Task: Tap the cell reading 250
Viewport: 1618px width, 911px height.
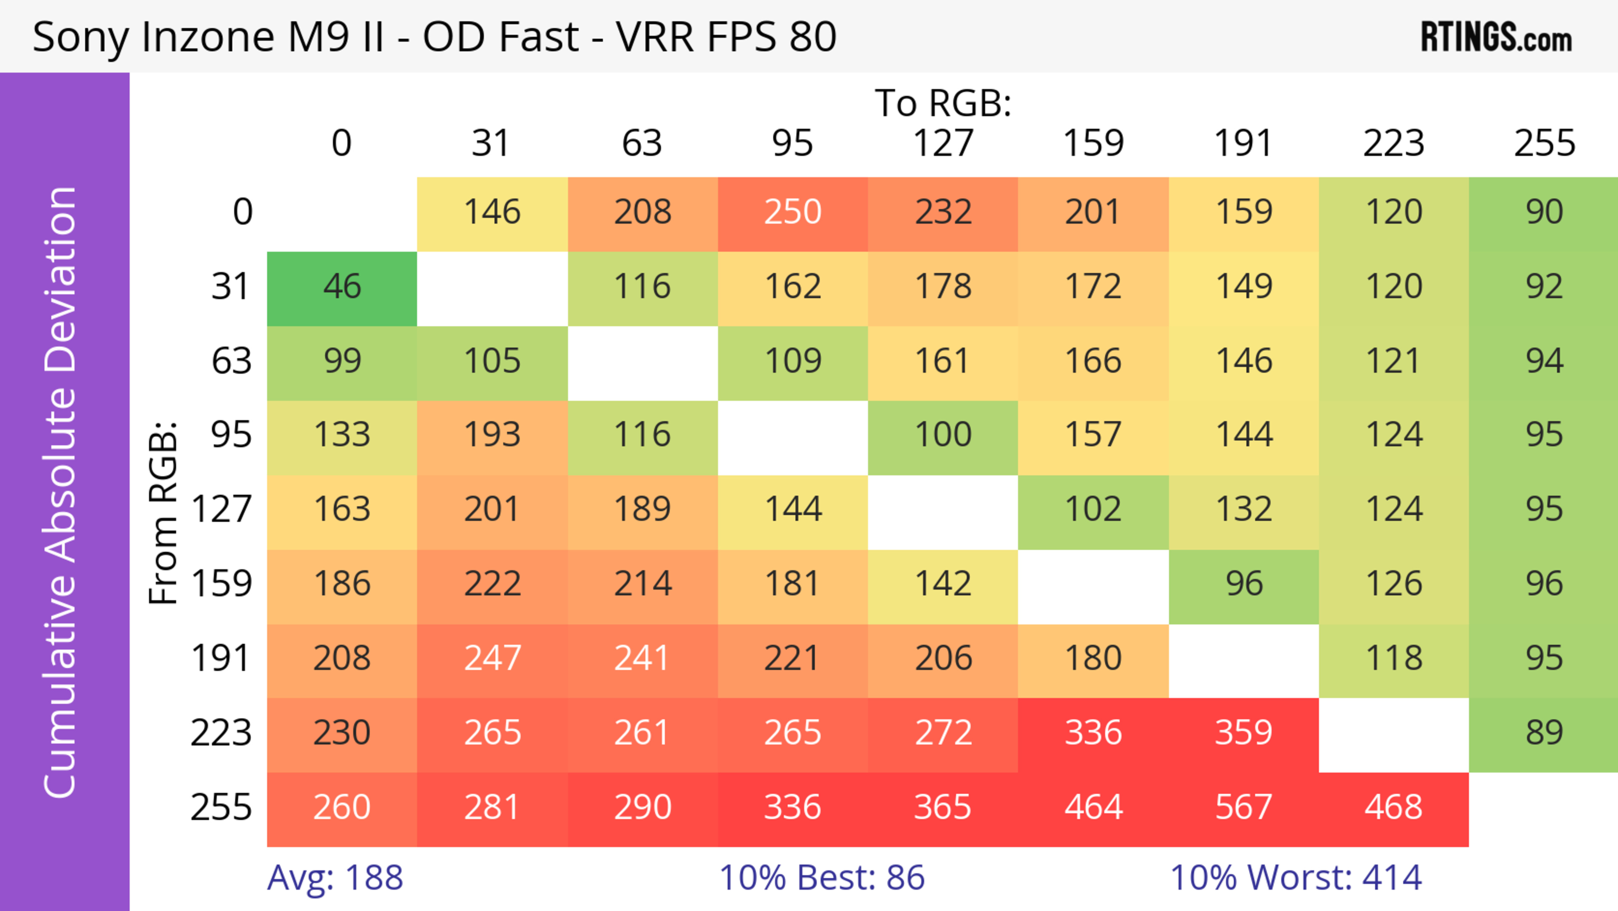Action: coord(793,213)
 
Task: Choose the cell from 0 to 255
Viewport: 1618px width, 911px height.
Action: coord(1544,213)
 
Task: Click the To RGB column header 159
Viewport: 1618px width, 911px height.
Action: coord(1093,144)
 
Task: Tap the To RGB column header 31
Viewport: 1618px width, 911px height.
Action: coord(491,144)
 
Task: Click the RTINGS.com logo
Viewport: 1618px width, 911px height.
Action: coord(1496,38)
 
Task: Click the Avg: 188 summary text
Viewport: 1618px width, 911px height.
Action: coord(335,878)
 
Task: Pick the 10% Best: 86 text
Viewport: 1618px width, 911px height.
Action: coord(822,878)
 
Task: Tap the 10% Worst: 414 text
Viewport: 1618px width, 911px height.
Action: coord(1296,878)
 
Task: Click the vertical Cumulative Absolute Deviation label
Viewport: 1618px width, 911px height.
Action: coord(61,492)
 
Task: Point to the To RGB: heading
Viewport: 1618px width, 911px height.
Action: coord(943,104)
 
